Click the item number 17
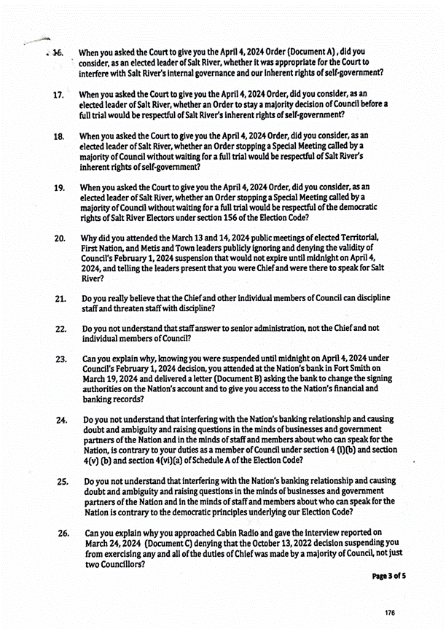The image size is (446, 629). (x=59, y=95)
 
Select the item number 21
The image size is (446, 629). (x=60, y=299)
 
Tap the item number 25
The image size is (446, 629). (x=63, y=482)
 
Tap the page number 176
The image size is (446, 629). (x=391, y=613)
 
